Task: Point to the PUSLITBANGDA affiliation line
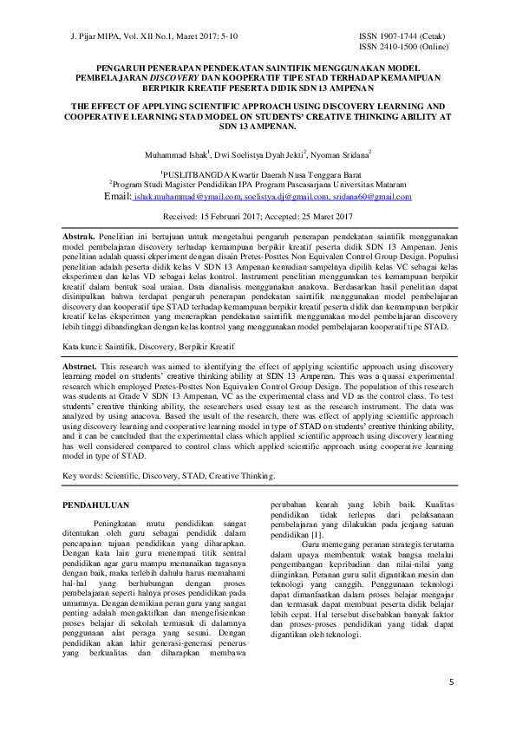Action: coord(258,174)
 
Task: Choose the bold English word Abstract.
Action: coord(80,368)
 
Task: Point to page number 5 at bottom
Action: coord(451,683)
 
